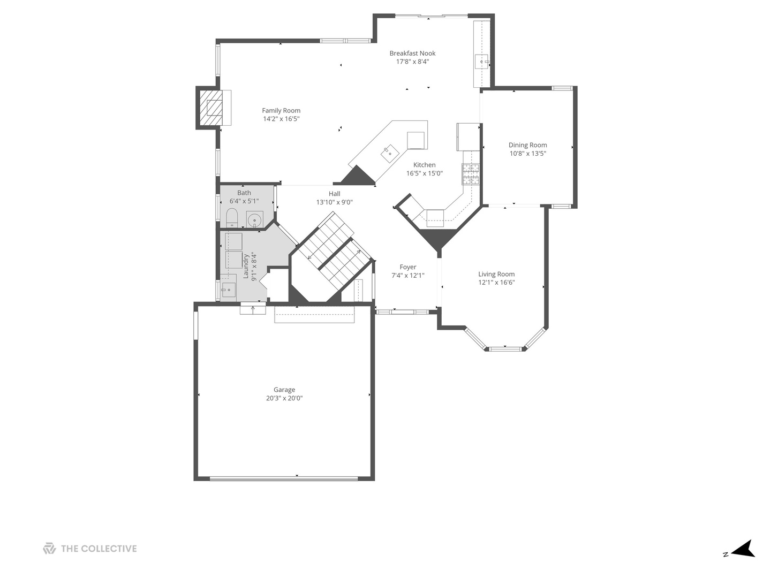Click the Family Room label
click(x=281, y=111)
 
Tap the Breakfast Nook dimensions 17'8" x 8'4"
click(x=412, y=62)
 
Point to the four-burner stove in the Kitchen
click(x=471, y=174)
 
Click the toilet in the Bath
click(x=232, y=218)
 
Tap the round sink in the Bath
click(x=255, y=220)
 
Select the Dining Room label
click(x=527, y=145)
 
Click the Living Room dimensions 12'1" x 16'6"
click(x=496, y=283)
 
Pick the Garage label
click(x=284, y=390)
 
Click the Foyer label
click(x=408, y=267)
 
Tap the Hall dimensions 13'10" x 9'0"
click(x=335, y=202)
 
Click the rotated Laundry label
click(x=246, y=267)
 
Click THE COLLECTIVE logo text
click(x=99, y=549)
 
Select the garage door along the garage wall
click(x=284, y=478)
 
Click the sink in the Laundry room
click(x=229, y=290)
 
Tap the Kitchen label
click(x=424, y=165)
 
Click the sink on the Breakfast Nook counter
click(x=482, y=62)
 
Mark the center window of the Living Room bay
click(x=505, y=349)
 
